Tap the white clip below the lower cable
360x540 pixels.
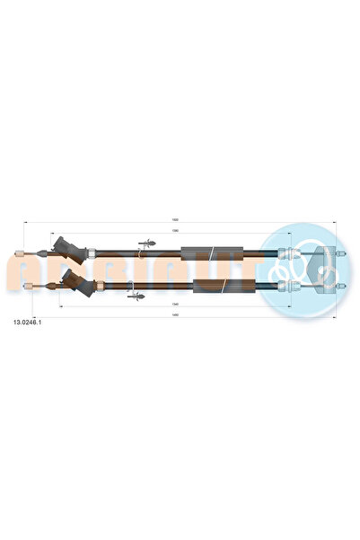[x=135, y=294]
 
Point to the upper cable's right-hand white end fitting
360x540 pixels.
[x=285, y=251]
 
